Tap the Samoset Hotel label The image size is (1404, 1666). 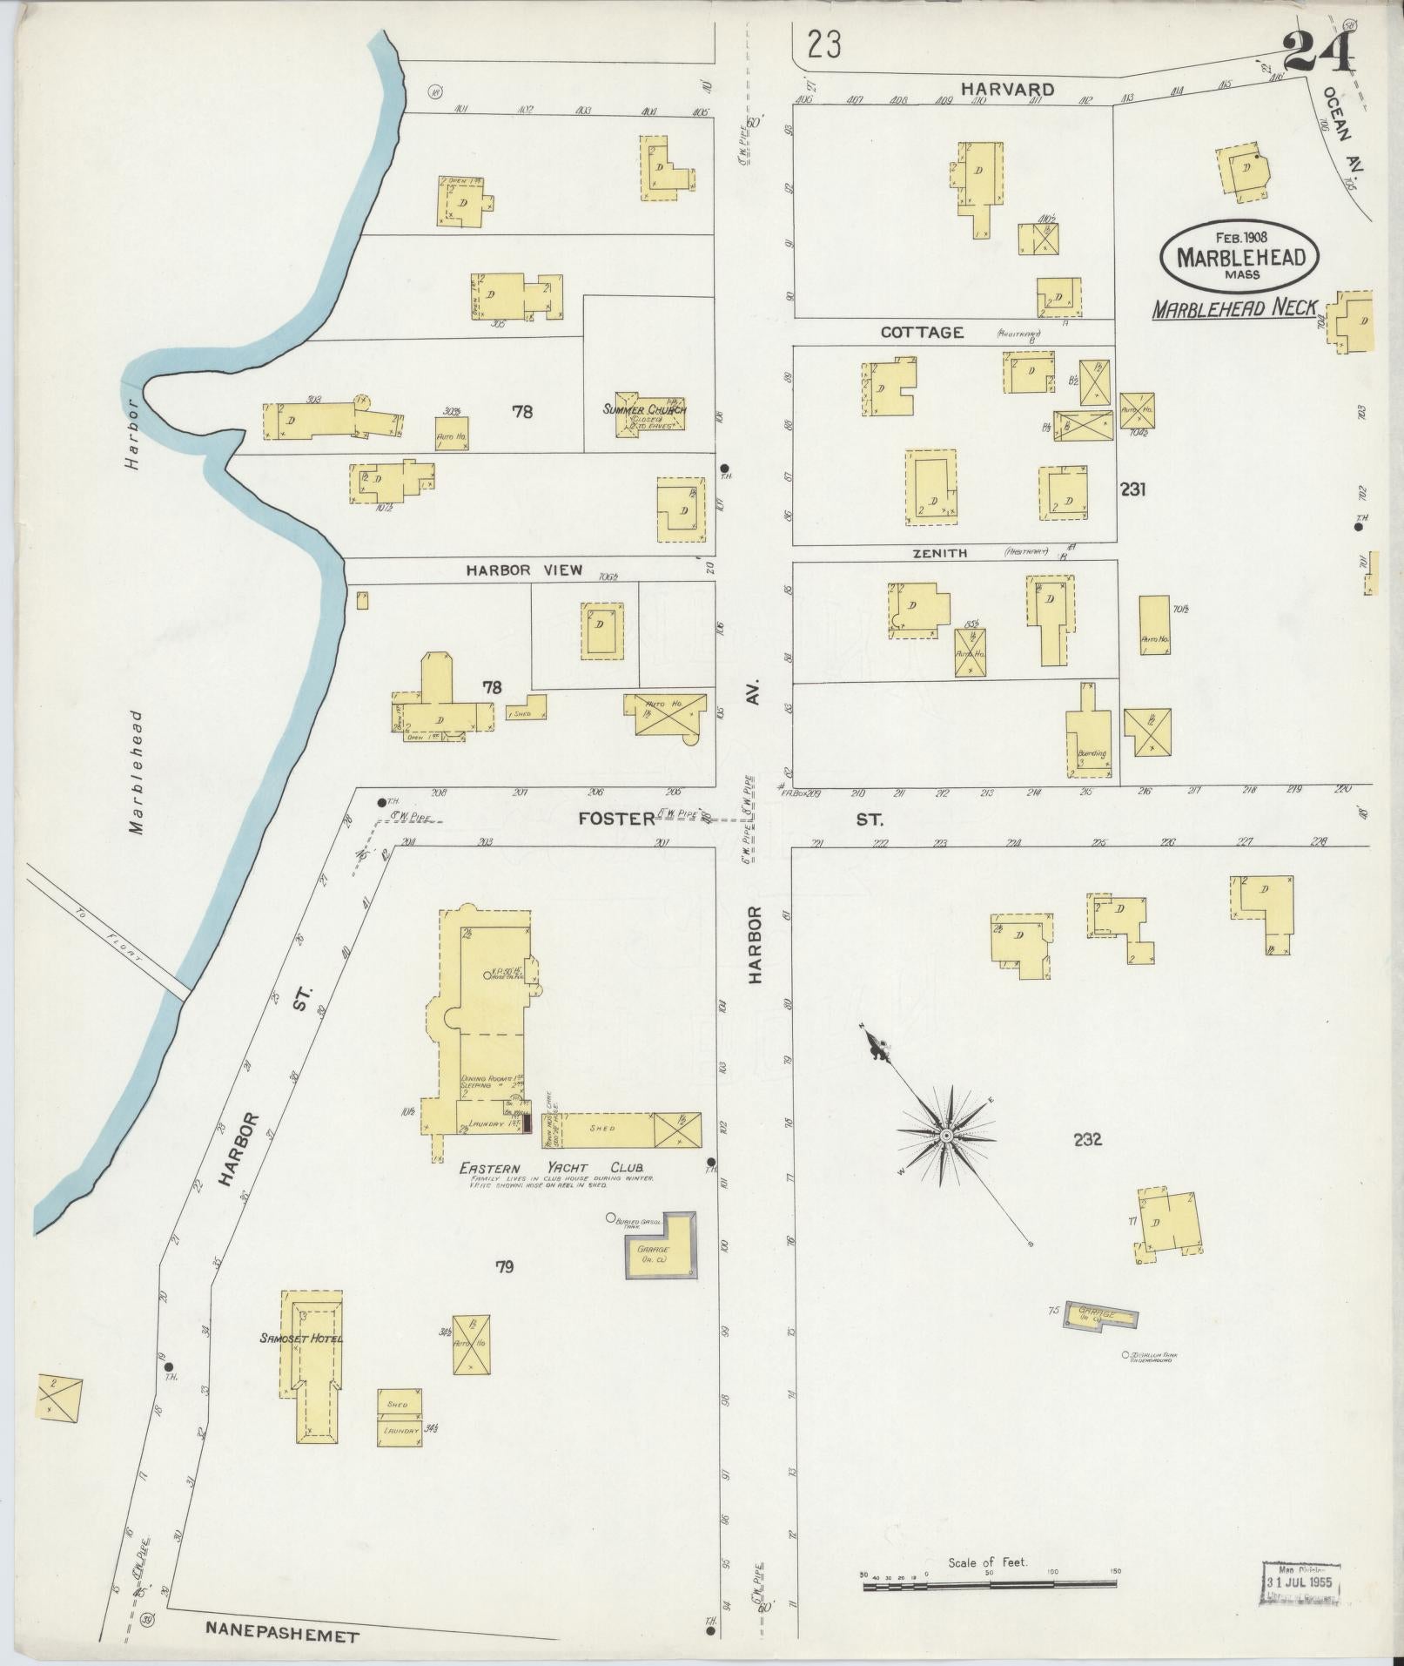pyautogui.click(x=300, y=1339)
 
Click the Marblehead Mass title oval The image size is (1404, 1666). pyautogui.click(x=1239, y=255)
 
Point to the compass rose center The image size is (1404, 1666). pyautogui.click(x=945, y=1137)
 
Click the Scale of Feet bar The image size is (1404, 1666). pyautogui.click(x=991, y=1587)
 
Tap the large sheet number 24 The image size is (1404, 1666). pyautogui.click(x=1318, y=53)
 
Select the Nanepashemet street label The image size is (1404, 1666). pyautogui.click(x=281, y=1636)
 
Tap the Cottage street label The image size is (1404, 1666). pyautogui.click(x=922, y=332)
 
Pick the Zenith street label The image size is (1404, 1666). pyautogui.click(x=940, y=553)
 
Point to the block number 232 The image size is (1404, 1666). pyautogui.click(x=1088, y=1138)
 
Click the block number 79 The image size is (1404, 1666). pyautogui.click(x=504, y=1267)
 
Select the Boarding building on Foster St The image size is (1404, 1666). pyautogui.click(x=1090, y=739)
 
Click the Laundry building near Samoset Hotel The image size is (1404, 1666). pyautogui.click(x=399, y=1430)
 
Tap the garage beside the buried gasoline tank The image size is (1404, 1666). pyautogui.click(x=661, y=1246)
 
